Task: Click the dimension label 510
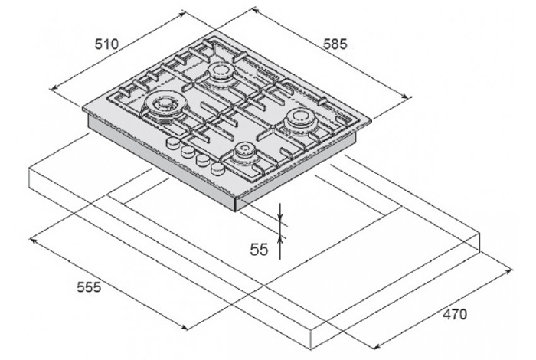point(106,44)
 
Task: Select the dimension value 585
point(335,44)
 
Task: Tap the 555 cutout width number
point(90,286)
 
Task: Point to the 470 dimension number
point(455,314)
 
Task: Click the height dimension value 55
point(259,249)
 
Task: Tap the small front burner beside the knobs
point(244,150)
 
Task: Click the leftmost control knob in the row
point(172,143)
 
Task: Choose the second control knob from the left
point(187,151)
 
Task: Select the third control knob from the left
point(202,159)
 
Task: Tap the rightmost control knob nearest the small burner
point(217,168)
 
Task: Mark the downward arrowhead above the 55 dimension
point(280,216)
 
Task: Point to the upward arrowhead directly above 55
point(280,239)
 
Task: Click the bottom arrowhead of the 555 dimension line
point(185,328)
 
